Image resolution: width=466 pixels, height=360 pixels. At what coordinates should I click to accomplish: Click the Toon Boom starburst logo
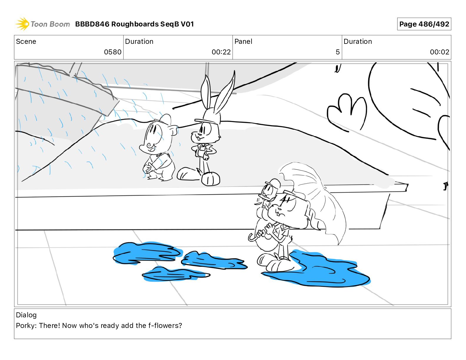click(22, 24)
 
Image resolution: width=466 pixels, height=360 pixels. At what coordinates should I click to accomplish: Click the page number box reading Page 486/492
click(424, 24)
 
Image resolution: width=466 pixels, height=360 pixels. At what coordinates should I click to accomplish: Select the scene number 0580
click(113, 52)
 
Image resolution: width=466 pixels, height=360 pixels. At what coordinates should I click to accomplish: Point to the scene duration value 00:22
click(221, 52)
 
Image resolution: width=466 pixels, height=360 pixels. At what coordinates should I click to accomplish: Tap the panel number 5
click(337, 52)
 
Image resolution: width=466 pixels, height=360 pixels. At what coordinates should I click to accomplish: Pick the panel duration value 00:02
click(440, 52)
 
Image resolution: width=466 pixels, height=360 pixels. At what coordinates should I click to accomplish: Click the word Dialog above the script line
click(26, 315)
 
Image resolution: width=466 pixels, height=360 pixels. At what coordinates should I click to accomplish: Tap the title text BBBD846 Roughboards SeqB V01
click(134, 24)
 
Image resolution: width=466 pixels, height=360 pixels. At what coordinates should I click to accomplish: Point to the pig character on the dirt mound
click(158, 148)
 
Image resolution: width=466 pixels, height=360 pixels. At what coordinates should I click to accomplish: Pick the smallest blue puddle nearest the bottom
click(175, 274)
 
